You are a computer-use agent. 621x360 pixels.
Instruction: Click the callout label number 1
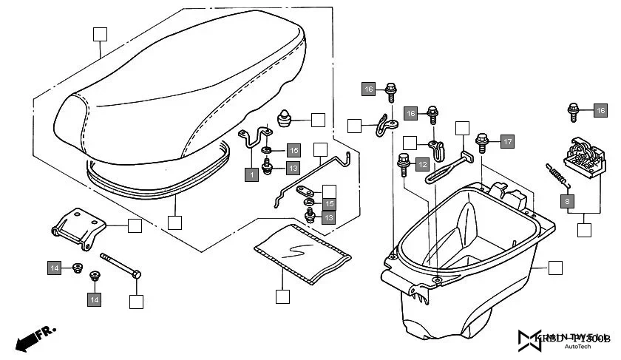(252, 174)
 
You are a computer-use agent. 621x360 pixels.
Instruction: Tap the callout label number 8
(567, 200)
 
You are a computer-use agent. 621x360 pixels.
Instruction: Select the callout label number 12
(422, 164)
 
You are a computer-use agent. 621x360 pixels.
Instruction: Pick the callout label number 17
(506, 141)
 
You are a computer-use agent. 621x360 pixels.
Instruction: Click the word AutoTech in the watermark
(577, 346)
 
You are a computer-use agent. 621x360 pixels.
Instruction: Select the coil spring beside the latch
(556, 174)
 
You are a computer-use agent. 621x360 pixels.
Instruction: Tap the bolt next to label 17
(483, 140)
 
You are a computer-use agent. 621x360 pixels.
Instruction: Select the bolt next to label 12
(404, 163)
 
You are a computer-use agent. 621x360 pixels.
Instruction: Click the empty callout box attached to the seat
(100, 33)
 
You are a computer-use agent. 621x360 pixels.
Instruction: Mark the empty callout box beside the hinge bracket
(135, 226)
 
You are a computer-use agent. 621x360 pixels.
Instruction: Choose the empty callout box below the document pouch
(282, 296)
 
